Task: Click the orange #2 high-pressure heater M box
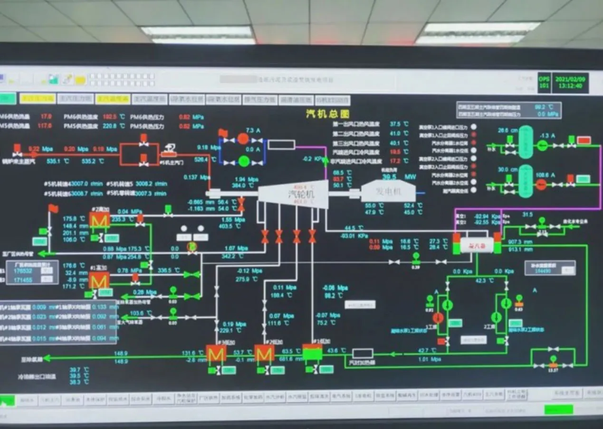99,220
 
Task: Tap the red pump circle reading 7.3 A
243,139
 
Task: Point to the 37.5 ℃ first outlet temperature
395,124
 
